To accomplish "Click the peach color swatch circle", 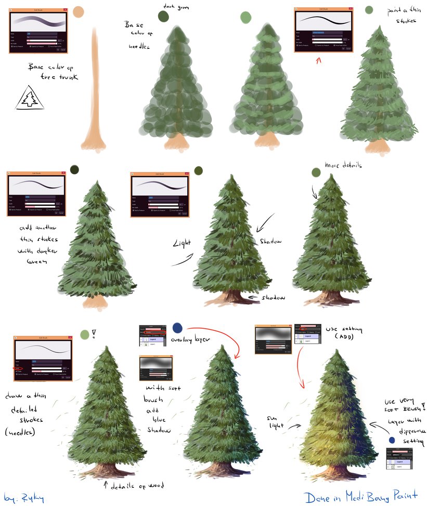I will [79, 12].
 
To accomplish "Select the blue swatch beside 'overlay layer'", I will [177, 328].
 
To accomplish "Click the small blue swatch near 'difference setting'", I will [392, 440].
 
